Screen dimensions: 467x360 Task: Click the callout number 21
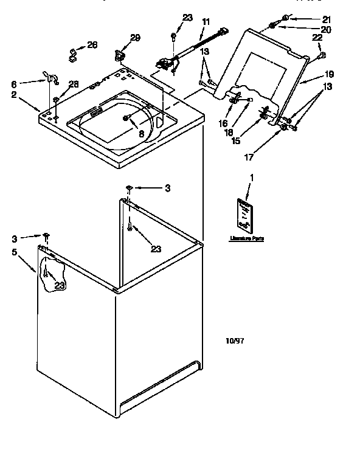pyautogui.click(x=327, y=19)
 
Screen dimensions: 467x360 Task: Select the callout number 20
pyautogui.click(x=327, y=29)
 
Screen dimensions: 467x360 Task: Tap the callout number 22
pyautogui.click(x=317, y=38)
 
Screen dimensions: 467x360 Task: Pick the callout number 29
pyautogui.click(x=135, y=38)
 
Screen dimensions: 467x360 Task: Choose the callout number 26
pyautogui.click(x=92, y=44)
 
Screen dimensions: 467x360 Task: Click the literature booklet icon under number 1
pyautogui.click(x=244, y=215)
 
